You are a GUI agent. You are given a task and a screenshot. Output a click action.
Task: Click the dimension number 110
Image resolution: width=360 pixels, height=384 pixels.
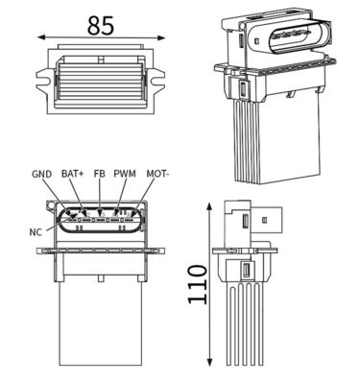[x=198, y=285]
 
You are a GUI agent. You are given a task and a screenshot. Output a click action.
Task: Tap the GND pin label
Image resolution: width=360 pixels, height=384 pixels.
[x=41, y=174]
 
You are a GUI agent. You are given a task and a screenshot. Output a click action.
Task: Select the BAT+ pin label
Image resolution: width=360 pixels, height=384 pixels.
[x=72, y=174]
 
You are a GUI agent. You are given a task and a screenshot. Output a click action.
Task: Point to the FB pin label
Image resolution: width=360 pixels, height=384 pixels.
[x=98, y=174]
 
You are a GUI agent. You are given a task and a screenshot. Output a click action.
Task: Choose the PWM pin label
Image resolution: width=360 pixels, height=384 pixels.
[x=125, y=174]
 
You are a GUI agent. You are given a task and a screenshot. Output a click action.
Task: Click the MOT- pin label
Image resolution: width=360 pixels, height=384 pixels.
[x=157, y=174]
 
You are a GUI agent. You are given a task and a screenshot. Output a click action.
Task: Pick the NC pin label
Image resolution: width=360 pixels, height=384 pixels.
[x=36, y=231]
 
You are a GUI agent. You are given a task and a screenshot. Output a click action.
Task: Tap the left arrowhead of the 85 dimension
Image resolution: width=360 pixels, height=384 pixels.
[x=40, y=39]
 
